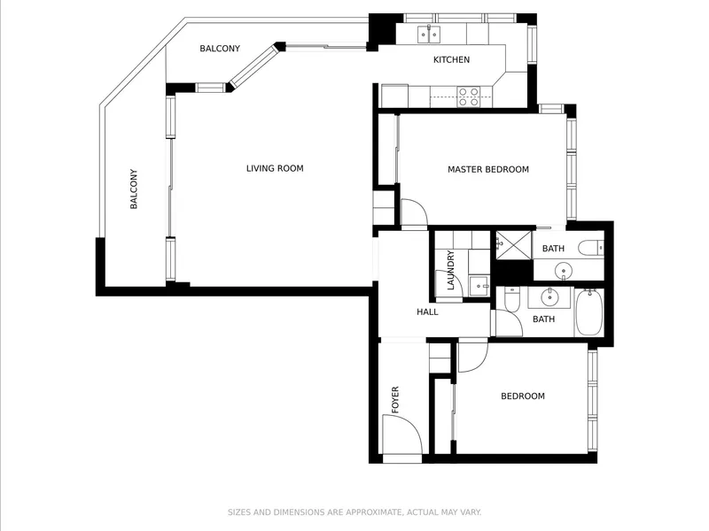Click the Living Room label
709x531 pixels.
tap(275, 168)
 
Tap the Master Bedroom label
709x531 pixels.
tap(488, 169)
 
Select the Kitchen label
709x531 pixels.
tap(451, 59)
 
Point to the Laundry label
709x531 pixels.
tap(450, 270)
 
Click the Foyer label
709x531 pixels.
tap(395, 400)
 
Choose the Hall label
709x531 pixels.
tap(427, 312)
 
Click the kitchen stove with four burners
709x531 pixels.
tap(468, 96)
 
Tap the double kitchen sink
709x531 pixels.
tap(429, 35)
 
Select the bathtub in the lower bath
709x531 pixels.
tap(589, 312)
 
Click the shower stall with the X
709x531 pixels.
tap(514, 245)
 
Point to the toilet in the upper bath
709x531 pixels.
tap(591, 248)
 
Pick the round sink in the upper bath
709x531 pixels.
tap(564, 271)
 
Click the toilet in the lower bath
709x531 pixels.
tap(512, 299)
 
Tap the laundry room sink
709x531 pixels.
tap(479, 286)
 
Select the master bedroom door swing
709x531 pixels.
tap(414, 212)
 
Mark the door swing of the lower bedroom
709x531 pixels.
tap(473, 358)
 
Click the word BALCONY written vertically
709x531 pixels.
tap(134, 189)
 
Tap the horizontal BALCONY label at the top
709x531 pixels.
tap(220, 49)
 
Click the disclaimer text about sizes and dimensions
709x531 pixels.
tap(354, 512)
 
